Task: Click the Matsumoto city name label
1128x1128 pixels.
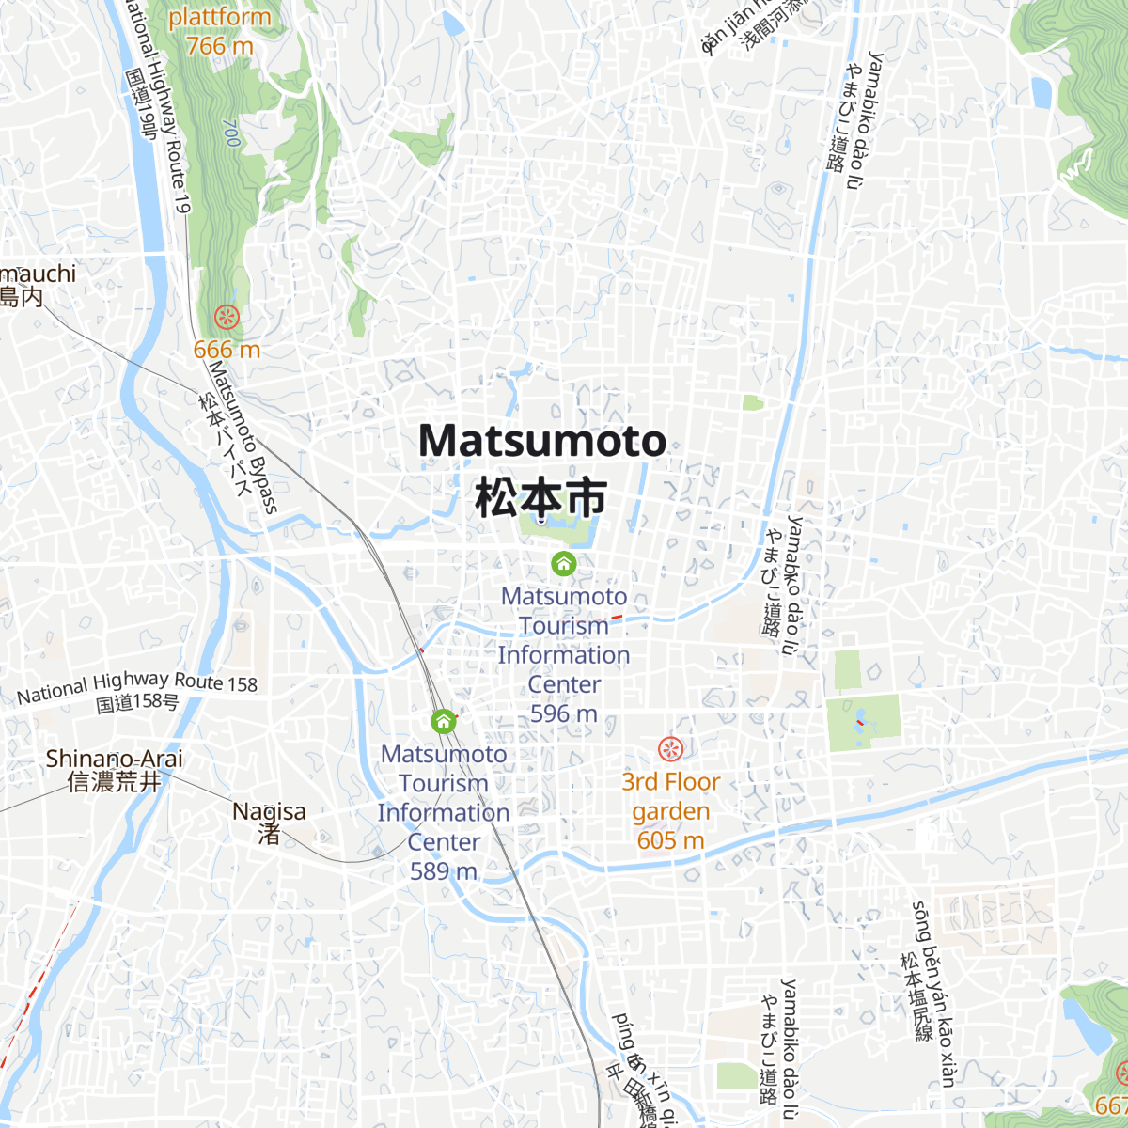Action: coord(542,441)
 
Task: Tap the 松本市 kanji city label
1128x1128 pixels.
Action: coord(540,497)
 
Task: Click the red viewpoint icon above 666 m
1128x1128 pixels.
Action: coord(226,318)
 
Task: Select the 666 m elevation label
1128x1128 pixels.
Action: coord(227,350)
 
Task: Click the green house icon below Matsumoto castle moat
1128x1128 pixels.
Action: coord(563,564)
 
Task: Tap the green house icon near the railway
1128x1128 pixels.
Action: coord(443,722)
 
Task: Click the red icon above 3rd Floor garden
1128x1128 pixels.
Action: coord(670,749)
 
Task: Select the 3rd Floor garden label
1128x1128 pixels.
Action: coord(670,796)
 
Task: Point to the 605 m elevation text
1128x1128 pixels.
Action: coord(670,840)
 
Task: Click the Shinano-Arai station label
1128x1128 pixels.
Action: coord(115,759)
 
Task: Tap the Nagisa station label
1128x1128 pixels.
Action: coord(269,811)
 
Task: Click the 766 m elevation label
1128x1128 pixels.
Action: coord(220,45)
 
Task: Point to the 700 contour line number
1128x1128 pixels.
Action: coord(231,133)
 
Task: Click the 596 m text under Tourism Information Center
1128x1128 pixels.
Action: coord(564,713)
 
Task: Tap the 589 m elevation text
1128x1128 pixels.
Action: coord(444,871)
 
